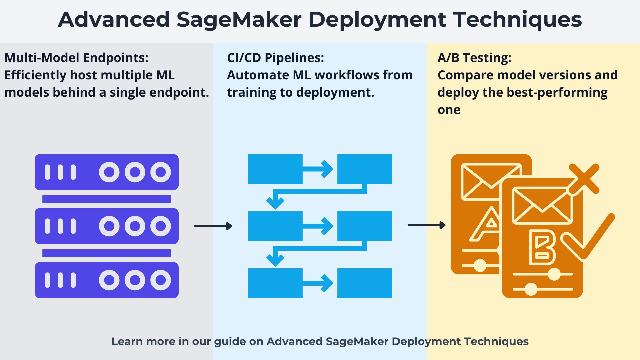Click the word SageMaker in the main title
pos(239,19)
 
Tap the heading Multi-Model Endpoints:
pos(76,58)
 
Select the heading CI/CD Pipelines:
pos(275,58)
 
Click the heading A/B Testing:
pos(474,58)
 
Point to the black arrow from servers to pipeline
pos(213,226)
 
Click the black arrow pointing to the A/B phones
pos(426,225)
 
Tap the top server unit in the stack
pos(106,172)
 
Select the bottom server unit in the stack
pos(106,280)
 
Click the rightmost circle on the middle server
pos(161,226)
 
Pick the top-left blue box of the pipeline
pos(275,169)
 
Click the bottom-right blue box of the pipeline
pos(364,283)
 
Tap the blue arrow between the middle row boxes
pos(318,226)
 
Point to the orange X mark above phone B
pos(584,179)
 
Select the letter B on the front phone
pos(542,247)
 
